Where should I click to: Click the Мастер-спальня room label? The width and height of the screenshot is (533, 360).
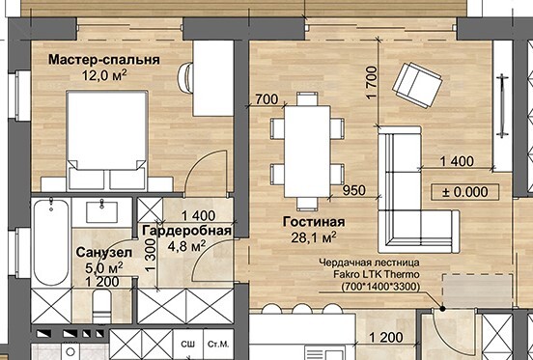(x=104, y=60)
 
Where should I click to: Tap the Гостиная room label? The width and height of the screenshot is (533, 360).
(x=314, y=222)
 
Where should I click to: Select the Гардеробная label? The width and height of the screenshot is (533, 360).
(x=187, y=231)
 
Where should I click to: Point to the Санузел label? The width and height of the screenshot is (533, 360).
(x=104, y=252)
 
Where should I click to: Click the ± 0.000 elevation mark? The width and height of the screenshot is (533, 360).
(x=465, y=192)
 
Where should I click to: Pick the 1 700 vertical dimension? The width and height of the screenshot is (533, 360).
(x=373, y=83)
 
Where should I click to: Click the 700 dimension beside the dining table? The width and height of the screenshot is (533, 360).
(x=266, y=99)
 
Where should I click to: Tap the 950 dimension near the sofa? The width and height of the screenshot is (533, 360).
(x=353, y=190)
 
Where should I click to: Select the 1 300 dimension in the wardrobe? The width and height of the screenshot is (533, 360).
(x=151, y=255)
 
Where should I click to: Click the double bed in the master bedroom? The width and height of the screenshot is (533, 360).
(x=107, y=140)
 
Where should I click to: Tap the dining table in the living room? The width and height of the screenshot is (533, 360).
(x=307, y=152)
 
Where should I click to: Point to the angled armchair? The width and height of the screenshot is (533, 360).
(x=417, y=85)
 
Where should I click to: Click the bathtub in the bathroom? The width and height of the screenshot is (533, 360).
(x=51, y=242)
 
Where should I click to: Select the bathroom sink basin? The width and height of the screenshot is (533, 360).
(x=102, y=212)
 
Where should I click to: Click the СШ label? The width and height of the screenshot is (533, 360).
(x=188, y=344)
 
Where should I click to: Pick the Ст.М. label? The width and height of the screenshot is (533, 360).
(x=218, y=344)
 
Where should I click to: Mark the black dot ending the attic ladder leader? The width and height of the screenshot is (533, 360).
(x=442, y=309)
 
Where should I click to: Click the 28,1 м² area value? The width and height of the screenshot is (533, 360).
(x=314, y=237)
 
